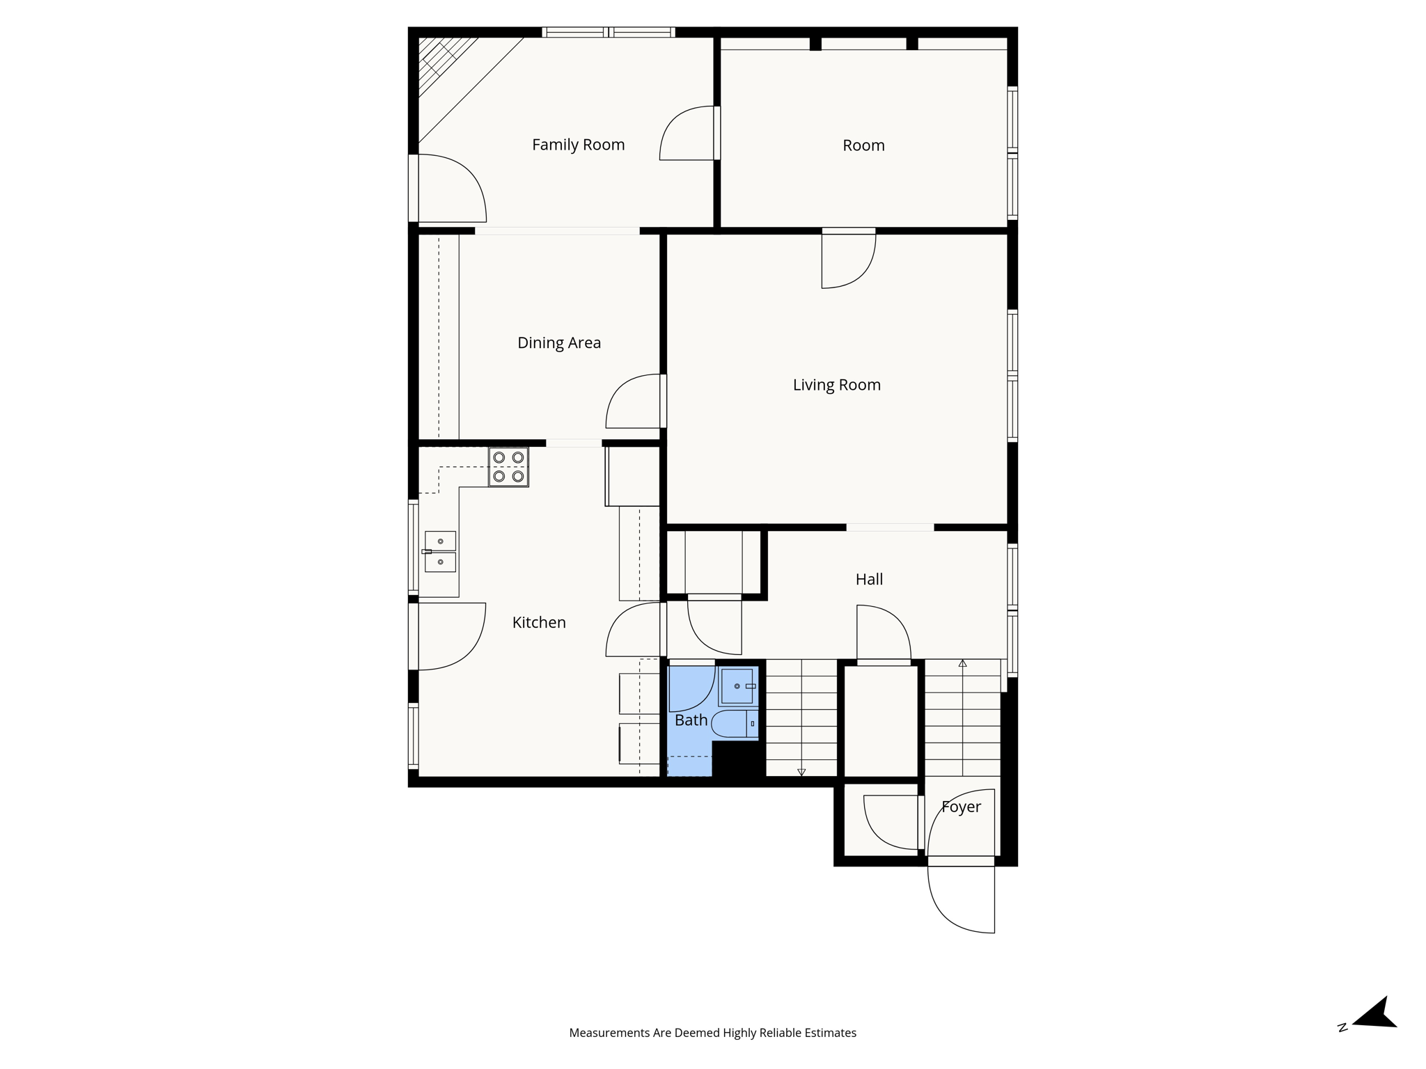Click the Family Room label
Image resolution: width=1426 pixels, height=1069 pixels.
(578, 145)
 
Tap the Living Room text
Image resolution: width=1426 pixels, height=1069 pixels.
(836, 385)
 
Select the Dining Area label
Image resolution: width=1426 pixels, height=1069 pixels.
(558, 342)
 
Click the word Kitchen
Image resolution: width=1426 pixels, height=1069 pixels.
(539, 622)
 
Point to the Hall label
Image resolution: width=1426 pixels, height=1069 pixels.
(869, 579)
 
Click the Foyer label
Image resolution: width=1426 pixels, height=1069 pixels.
(961, 807)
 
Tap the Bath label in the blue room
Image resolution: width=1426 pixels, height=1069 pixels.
(691, 720)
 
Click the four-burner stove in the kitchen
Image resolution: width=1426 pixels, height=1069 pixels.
(508, 467)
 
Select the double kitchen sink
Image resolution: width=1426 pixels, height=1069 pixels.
(440, 551)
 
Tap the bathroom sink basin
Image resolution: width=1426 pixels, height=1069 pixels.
(737, 686)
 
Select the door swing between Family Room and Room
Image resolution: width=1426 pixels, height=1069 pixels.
(688, 134)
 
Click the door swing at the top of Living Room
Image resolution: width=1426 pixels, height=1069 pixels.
(848, 260)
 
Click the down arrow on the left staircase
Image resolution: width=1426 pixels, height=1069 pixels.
(801, 772)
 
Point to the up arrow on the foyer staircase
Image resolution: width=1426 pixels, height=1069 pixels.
(962, 664)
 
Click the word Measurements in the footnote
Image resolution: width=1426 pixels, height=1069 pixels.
(609, 1033)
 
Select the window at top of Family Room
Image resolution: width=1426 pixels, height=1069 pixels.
(609, 32)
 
